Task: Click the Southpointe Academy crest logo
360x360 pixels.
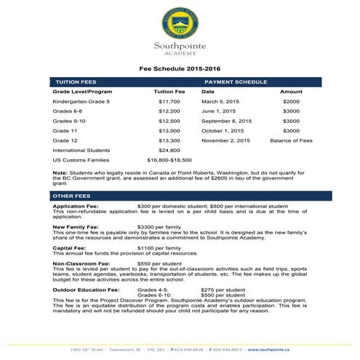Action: pos(180,23)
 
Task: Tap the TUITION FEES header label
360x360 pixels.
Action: pos(76,82)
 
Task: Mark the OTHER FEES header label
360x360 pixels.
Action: pos(71,196)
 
